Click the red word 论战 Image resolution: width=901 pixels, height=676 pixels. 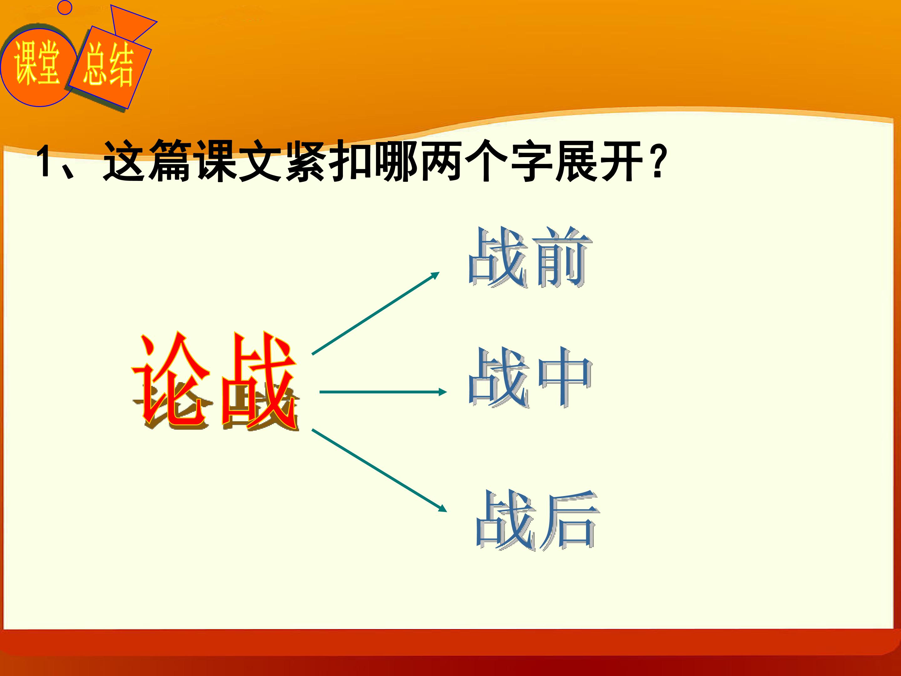coord(215,382)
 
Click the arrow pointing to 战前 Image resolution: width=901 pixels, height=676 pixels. coord(375,313)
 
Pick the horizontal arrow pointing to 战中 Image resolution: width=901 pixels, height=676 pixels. coord(383,392)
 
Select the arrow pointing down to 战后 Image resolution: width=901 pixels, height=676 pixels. coord(379,470)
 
